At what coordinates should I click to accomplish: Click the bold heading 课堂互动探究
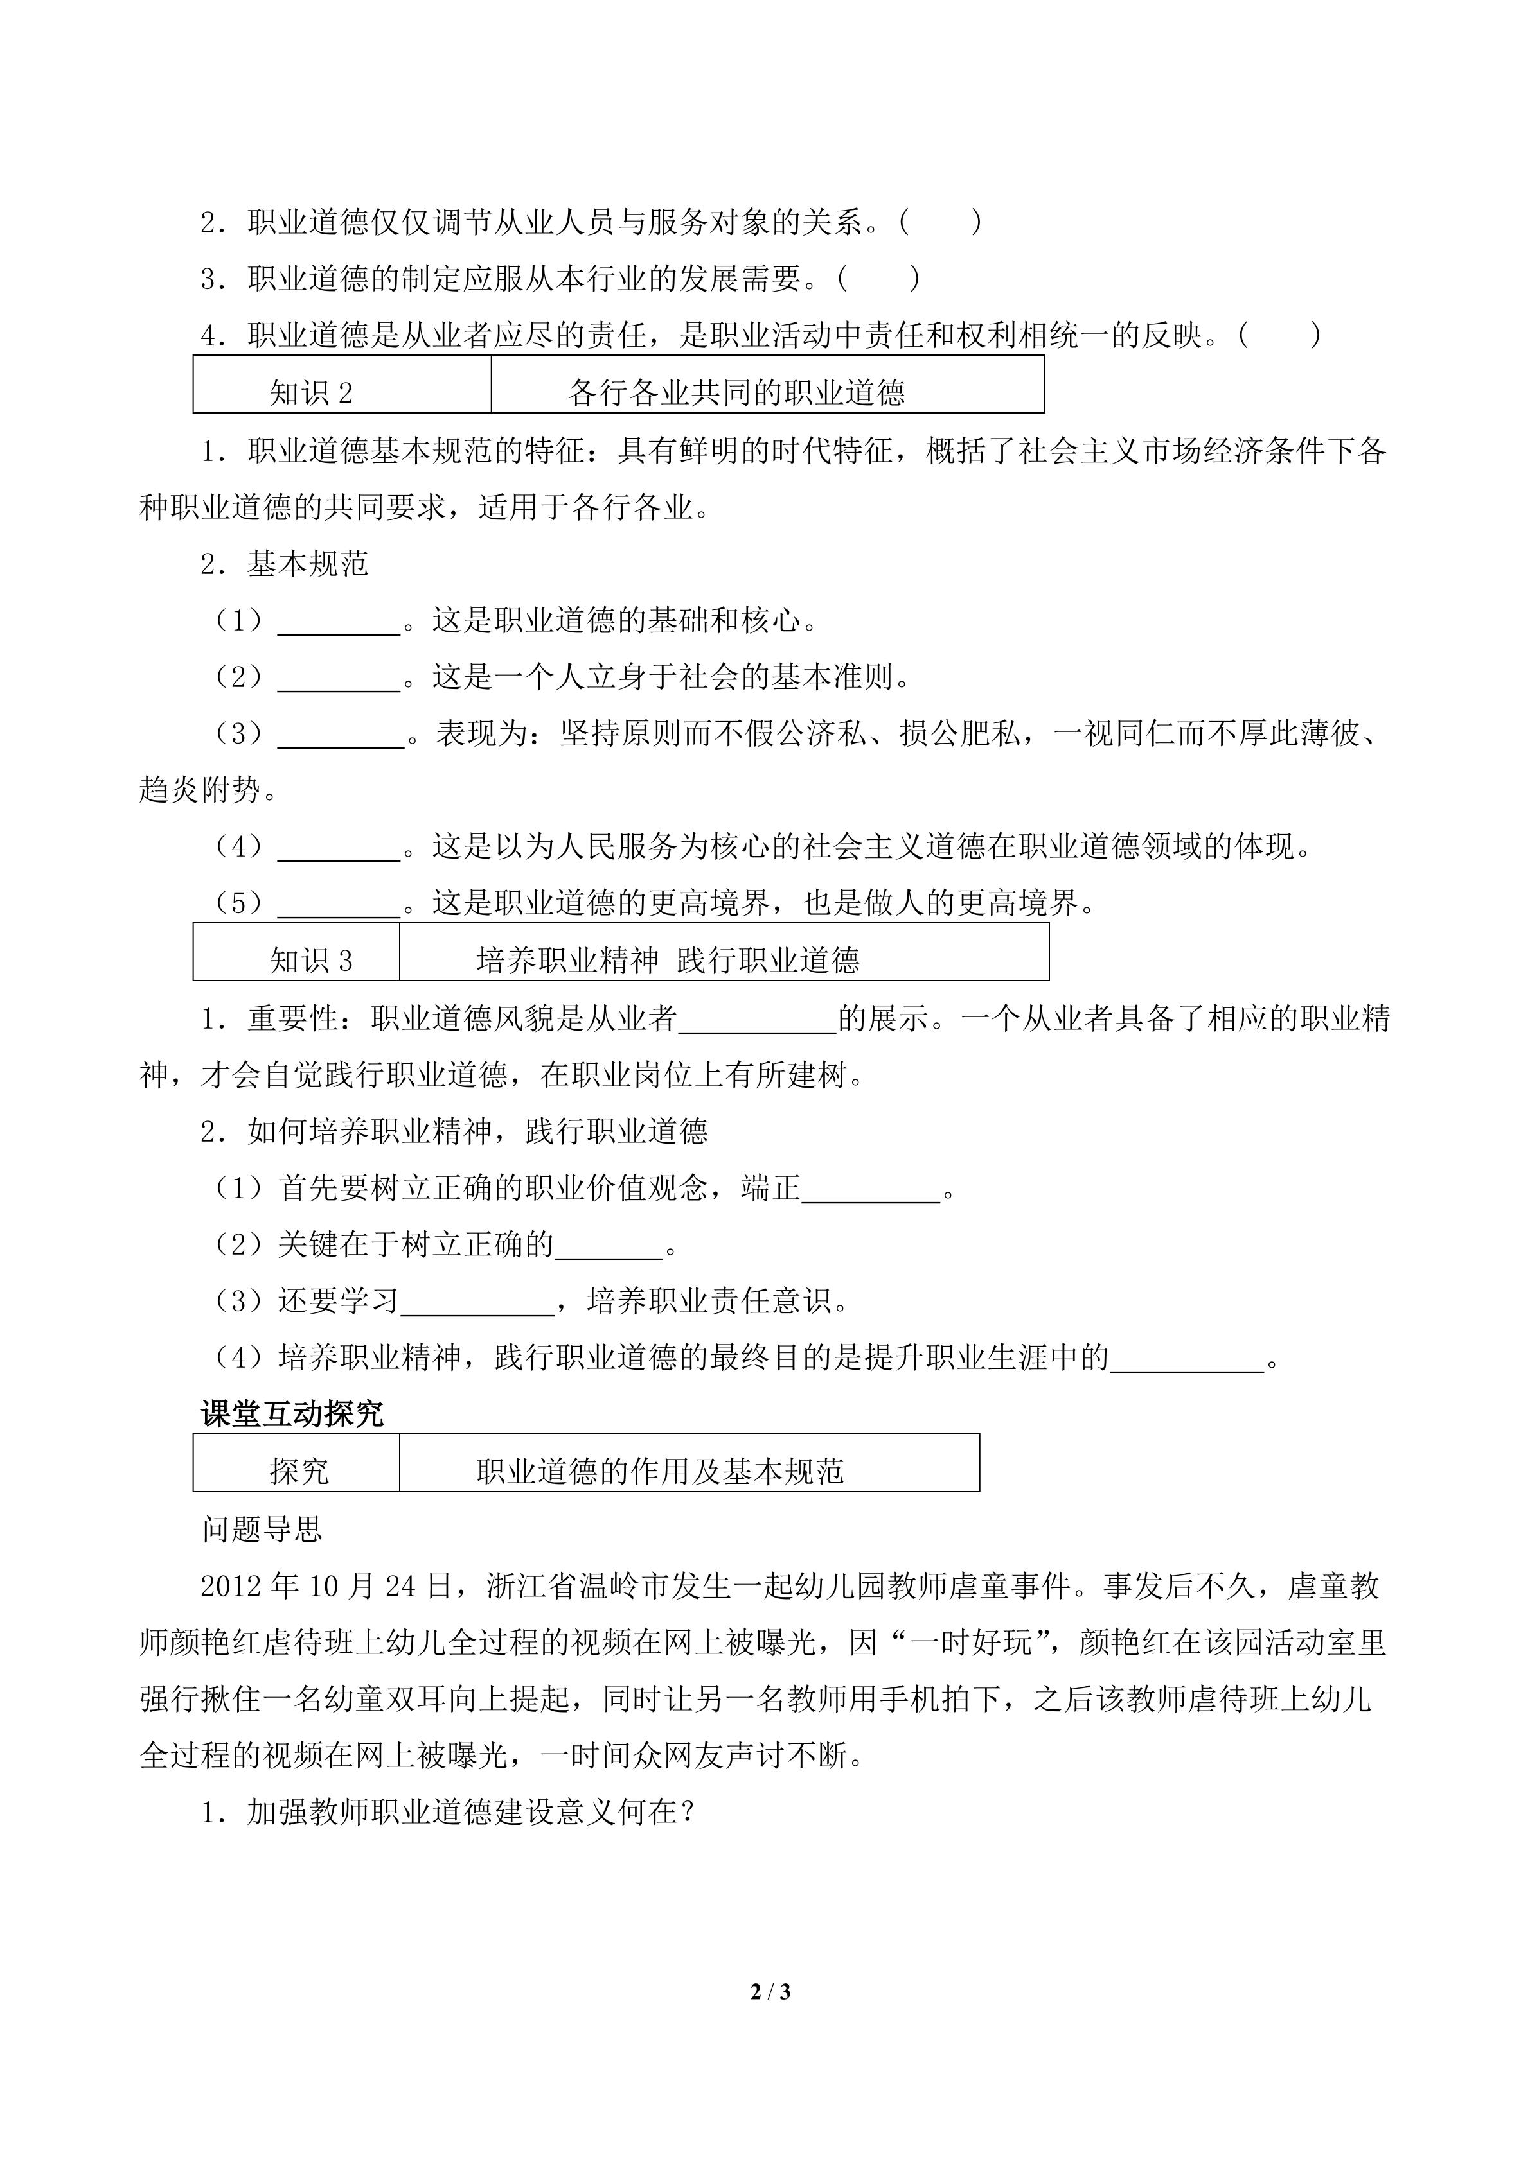pyautogui.click(x=292, y=1413)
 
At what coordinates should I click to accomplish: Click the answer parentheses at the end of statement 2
pyautogui.click(x=940, y=223)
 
